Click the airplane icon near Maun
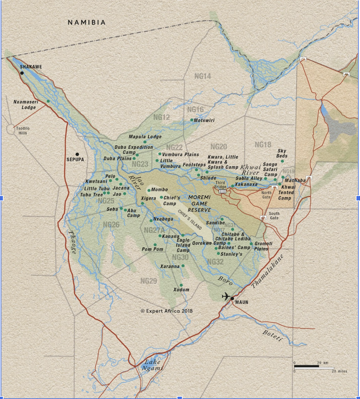[x=226, y=296]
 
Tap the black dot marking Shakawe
[x=22, y=73]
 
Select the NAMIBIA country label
[x=86, y=22]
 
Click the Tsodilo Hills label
[x=23, y=130]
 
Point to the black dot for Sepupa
[x=77, y=154]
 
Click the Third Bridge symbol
[x=222, y=191]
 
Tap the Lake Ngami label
[x=152, y=365]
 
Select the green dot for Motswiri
[x=192, y=120]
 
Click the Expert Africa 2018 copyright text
[x=167, y=311]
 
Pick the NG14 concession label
[x=203, y=76]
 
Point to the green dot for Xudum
[x=181, y=285]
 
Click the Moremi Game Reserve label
[x=199, y=204]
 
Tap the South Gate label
[x=274, y=216]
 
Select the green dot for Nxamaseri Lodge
[x=48, y=101]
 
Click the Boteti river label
[x=273, y=335]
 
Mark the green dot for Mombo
[x=149, y=190]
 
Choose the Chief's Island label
[x=190, y=219]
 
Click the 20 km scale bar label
[x=323, y=363]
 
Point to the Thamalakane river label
[x=267, y=271]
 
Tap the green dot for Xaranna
[x=183, y=266]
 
